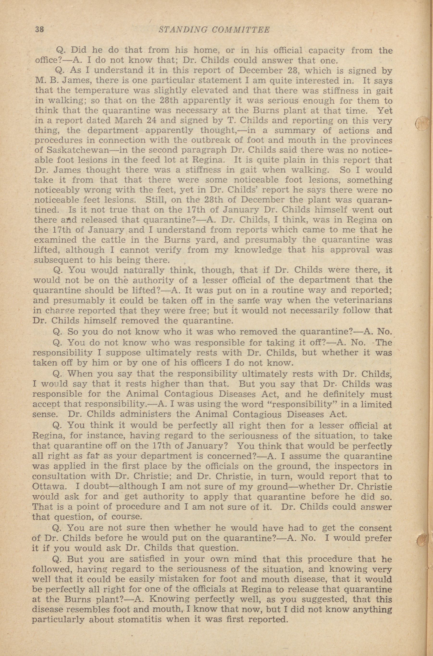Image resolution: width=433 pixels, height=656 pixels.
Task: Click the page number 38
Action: coord(39,30)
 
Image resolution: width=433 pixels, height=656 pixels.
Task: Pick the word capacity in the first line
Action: coord(326,51)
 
